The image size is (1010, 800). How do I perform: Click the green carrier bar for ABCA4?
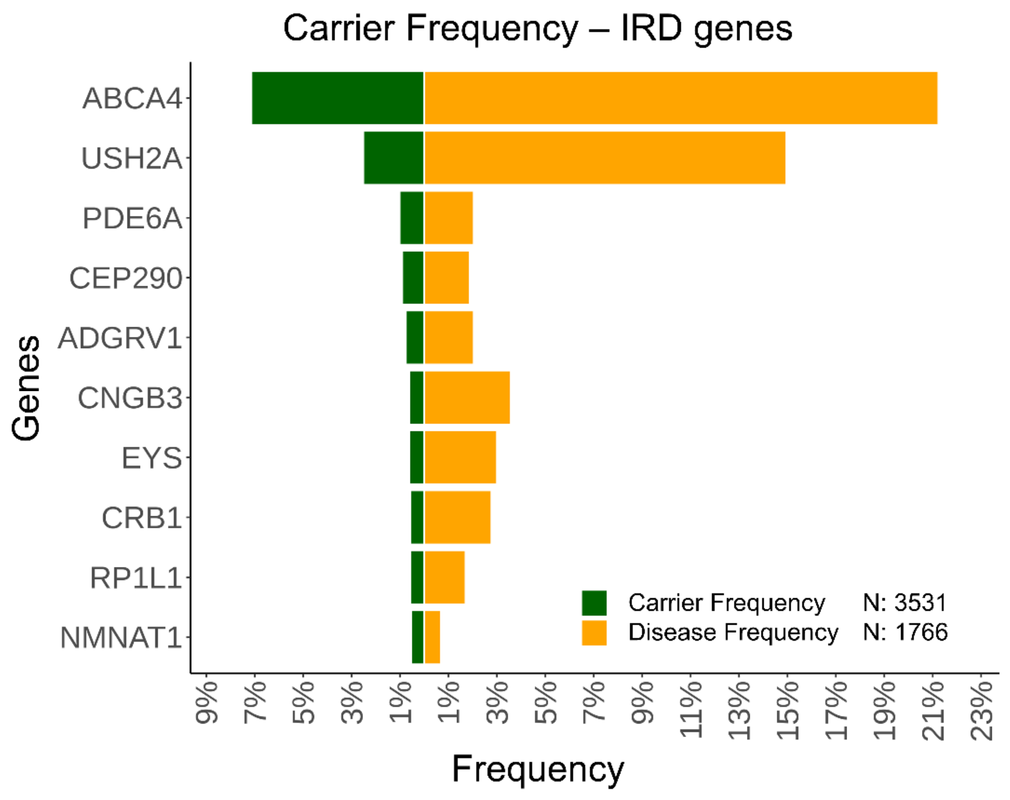(337, 98)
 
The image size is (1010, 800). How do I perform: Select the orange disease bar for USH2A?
(604, 158)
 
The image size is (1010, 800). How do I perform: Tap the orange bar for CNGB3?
(467, 398)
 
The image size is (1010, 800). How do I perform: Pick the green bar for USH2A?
(393, 158)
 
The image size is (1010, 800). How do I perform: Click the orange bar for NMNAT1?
(432, 637)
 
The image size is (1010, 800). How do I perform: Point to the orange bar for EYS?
(460, 457)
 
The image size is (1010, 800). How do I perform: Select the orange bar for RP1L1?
(444, 577)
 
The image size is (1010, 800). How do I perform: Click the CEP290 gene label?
(126, 278)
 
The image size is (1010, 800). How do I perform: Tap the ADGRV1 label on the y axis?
(119, 338)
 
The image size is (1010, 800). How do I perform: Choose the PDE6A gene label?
(132, 218)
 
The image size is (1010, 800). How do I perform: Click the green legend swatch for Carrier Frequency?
(594, 603)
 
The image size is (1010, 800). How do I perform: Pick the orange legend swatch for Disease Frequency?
(594, 633)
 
